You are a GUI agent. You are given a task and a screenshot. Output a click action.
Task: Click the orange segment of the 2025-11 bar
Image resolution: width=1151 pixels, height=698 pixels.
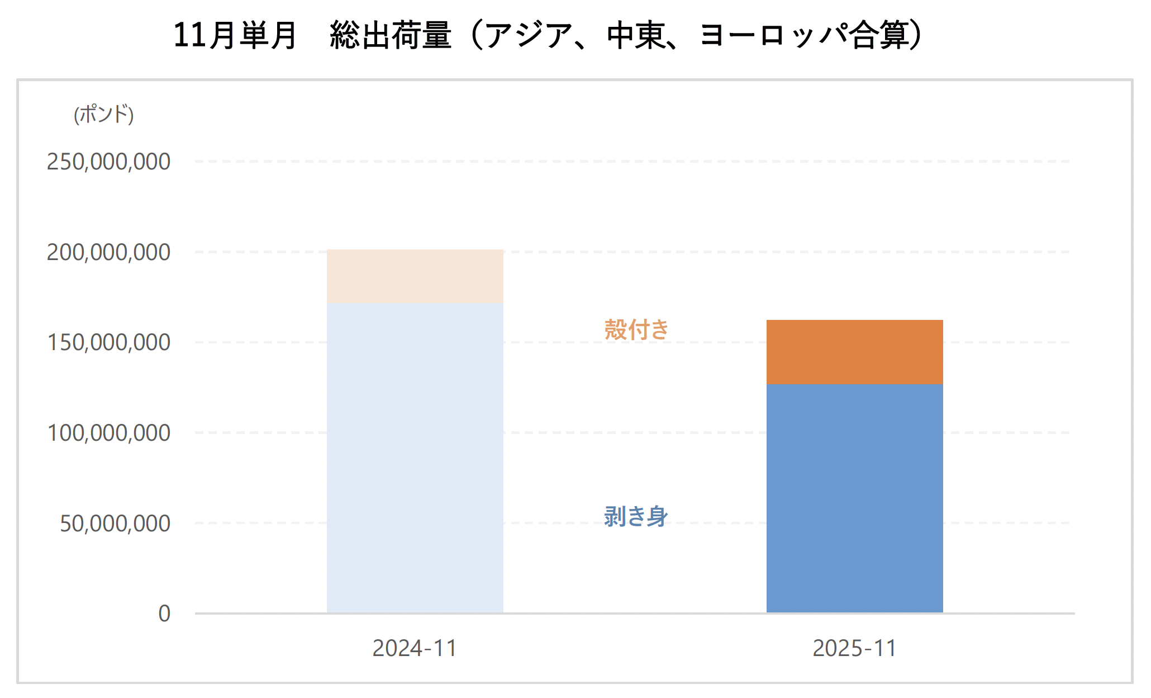click(854, 352)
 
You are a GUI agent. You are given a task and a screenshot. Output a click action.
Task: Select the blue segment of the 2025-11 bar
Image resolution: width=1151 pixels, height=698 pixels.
click(854, 498)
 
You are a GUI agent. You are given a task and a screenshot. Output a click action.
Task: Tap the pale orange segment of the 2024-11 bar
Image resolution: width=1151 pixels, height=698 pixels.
click(415, 276)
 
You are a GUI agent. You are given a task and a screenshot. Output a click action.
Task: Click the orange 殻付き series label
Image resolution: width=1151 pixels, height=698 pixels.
click(636, 329)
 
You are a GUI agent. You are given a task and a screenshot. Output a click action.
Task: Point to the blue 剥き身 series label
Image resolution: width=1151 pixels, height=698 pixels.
click(636, 516)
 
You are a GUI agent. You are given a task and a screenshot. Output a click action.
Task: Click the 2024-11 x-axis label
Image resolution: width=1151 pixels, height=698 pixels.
click(415, 648)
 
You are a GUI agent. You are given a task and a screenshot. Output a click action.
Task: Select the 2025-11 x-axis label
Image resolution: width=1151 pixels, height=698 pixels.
click(854, 648)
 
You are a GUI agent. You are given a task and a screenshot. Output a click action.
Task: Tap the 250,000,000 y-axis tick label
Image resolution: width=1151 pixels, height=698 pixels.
click(108, 162)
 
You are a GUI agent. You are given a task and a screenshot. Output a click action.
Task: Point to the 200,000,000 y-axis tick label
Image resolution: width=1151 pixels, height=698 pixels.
click(108, 252)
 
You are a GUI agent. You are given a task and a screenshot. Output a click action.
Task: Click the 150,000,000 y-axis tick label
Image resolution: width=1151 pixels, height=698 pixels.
click(108, 342)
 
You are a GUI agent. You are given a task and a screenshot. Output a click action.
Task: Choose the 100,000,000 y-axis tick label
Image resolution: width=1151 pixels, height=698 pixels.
click(108, 433)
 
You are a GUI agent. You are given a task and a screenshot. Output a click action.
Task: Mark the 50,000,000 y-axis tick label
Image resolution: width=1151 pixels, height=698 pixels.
click(115, 523)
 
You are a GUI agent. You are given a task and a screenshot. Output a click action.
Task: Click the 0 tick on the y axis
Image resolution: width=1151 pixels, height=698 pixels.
click(164, 614)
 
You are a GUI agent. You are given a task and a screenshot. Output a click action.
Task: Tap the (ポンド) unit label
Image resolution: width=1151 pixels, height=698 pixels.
click(104, 114)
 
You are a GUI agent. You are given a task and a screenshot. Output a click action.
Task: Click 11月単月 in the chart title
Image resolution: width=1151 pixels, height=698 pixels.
click(235, 35)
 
